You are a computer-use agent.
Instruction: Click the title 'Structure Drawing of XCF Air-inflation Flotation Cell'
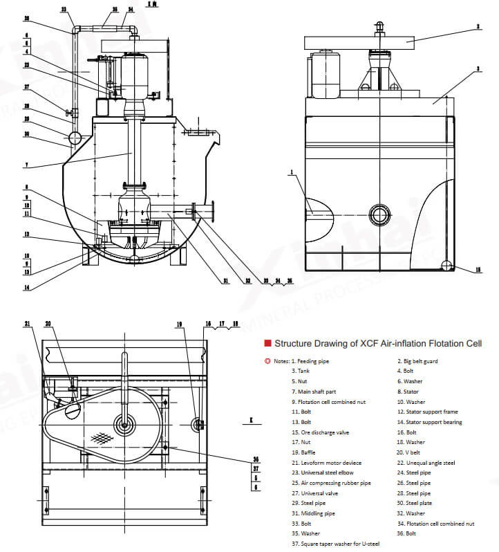point(378,343)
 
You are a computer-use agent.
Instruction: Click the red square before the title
point(267,343)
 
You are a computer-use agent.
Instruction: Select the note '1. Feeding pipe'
point(313,361)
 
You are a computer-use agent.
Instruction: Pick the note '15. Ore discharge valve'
point(320,432)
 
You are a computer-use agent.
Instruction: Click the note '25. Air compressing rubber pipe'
point(331,483)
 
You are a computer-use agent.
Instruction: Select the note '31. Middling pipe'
point(317,513)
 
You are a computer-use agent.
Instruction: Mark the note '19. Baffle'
point(307,452)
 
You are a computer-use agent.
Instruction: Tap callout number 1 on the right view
point(292,171)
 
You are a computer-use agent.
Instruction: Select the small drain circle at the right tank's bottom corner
point(447,265)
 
